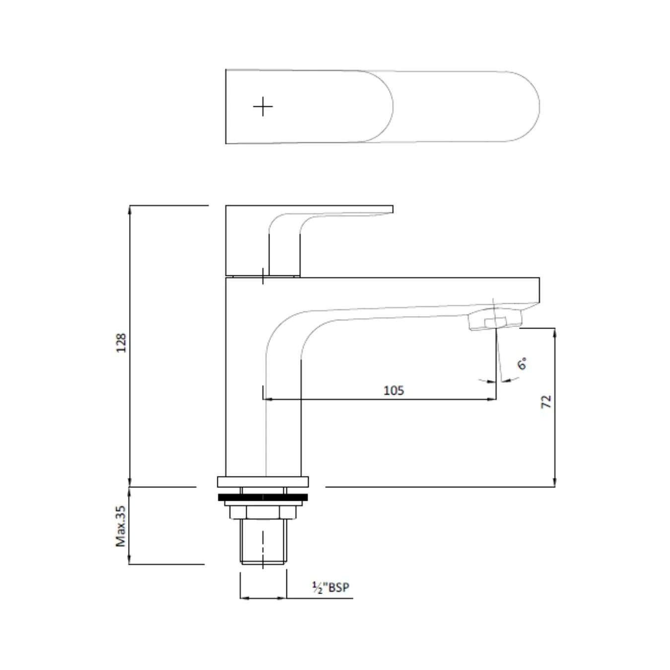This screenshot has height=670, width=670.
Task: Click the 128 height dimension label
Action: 121,342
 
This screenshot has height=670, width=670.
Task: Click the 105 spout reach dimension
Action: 394,391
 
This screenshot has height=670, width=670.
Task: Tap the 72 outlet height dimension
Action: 546,402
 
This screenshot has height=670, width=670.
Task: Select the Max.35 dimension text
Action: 121,527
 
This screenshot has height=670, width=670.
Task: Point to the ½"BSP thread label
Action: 331,588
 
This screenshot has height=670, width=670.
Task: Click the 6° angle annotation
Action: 522,364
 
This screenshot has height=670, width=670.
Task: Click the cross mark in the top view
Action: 263,107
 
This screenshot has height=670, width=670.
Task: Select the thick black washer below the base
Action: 263,497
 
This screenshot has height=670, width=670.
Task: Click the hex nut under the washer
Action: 263,512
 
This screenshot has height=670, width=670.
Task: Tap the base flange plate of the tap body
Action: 263,481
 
